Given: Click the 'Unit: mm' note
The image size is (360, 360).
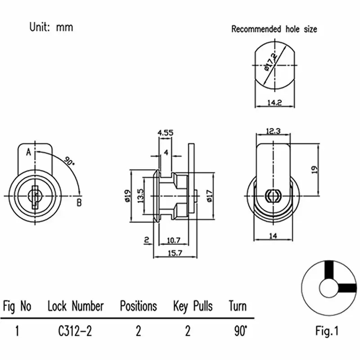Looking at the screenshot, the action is (x=51, y=27).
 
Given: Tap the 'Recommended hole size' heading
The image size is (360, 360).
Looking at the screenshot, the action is (x=274, y=29).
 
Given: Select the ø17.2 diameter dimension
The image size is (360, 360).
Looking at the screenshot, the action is (x=270, y=62).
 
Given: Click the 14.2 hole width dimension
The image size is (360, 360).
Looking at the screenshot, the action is (x=274, y=103).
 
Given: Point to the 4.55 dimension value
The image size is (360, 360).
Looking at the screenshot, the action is (x=166, y=133).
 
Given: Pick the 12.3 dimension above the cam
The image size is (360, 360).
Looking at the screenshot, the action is (x=273, y=131).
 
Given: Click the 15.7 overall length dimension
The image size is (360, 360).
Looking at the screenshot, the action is (x=175, y=253).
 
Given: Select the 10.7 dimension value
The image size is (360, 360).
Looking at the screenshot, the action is (x=174, y=240).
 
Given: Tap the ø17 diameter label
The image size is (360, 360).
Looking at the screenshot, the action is (x=209, y=196).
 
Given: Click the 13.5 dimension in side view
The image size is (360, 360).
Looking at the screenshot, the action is (x=140, y=196).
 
